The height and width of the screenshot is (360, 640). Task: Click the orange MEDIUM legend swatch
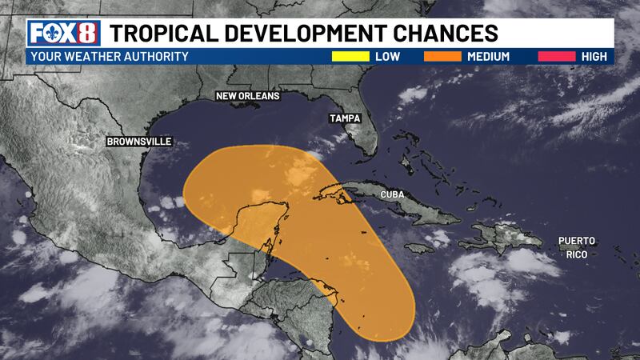coord(435,57)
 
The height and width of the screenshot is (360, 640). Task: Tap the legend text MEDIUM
coord(489,57)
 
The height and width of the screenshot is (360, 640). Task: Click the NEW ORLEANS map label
coord(248,97)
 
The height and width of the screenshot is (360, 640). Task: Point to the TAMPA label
coord(346,118)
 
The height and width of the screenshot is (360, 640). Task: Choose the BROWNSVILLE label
coord(139,142)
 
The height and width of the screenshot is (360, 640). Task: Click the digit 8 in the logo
coord(87,34)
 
